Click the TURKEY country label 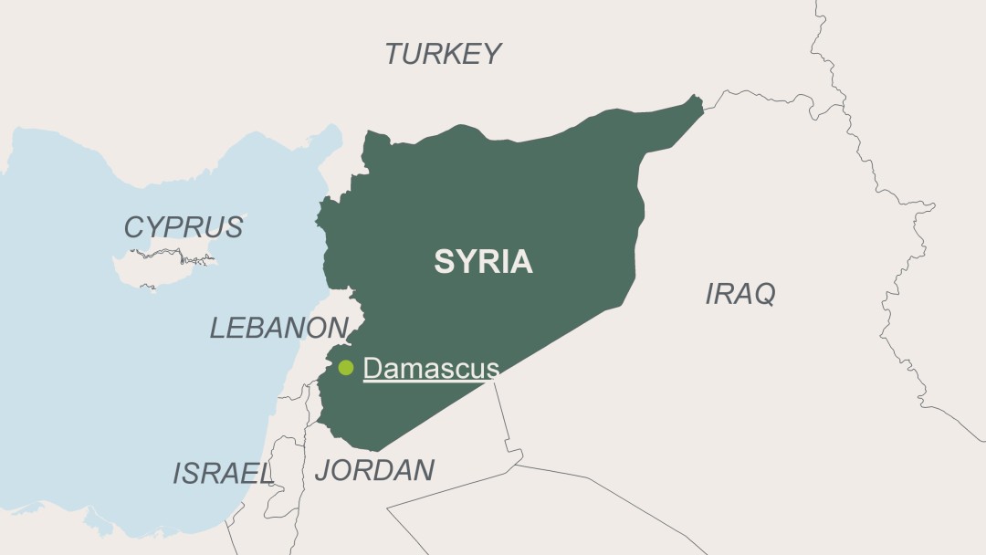pyautogui.click(x=443, y=54)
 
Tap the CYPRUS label pyautogui.click(x=184, y=226)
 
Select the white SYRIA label pyautogui.click(x=483, y=262)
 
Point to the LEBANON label pyautogui.click(x=278, y=327)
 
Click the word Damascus pyautogui.click(x=431, y=368)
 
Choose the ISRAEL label pyautogui.click(x=223, y=473)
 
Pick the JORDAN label pyautogui.click(x=374, y=470)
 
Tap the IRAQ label pyautogui.click(x=739, y=294)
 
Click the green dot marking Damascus pyautogui.click(x=346, y=368)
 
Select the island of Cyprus pyautogui.click(x=160, y=264)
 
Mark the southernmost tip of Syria pyautogui.click(x=375, y=450)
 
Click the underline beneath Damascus pyautogui.click(x=431, y=381)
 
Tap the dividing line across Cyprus pyautogui.click(x=169, y=254)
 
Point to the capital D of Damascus pyautogui.click(x=371, y=368)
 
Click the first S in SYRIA pyautogui.click(x=444, y=262)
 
